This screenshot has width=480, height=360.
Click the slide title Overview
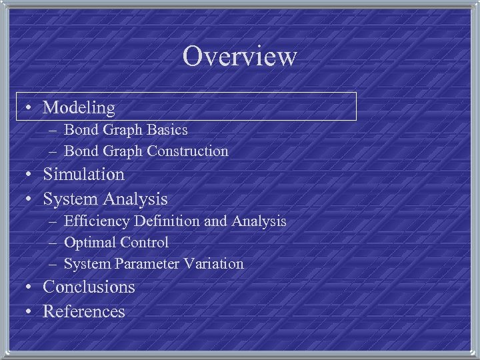coord(239,56)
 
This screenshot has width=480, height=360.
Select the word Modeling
coord(79,107)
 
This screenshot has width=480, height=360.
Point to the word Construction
coord(187,151)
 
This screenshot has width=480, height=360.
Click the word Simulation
coord(83,174)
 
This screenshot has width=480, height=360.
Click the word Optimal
coord(89,242)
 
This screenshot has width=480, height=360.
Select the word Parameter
coord(147,263)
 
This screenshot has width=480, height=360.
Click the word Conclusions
coord(89,287)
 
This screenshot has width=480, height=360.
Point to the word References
coord(84,311)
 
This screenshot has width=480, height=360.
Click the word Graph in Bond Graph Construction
coord(120,151)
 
